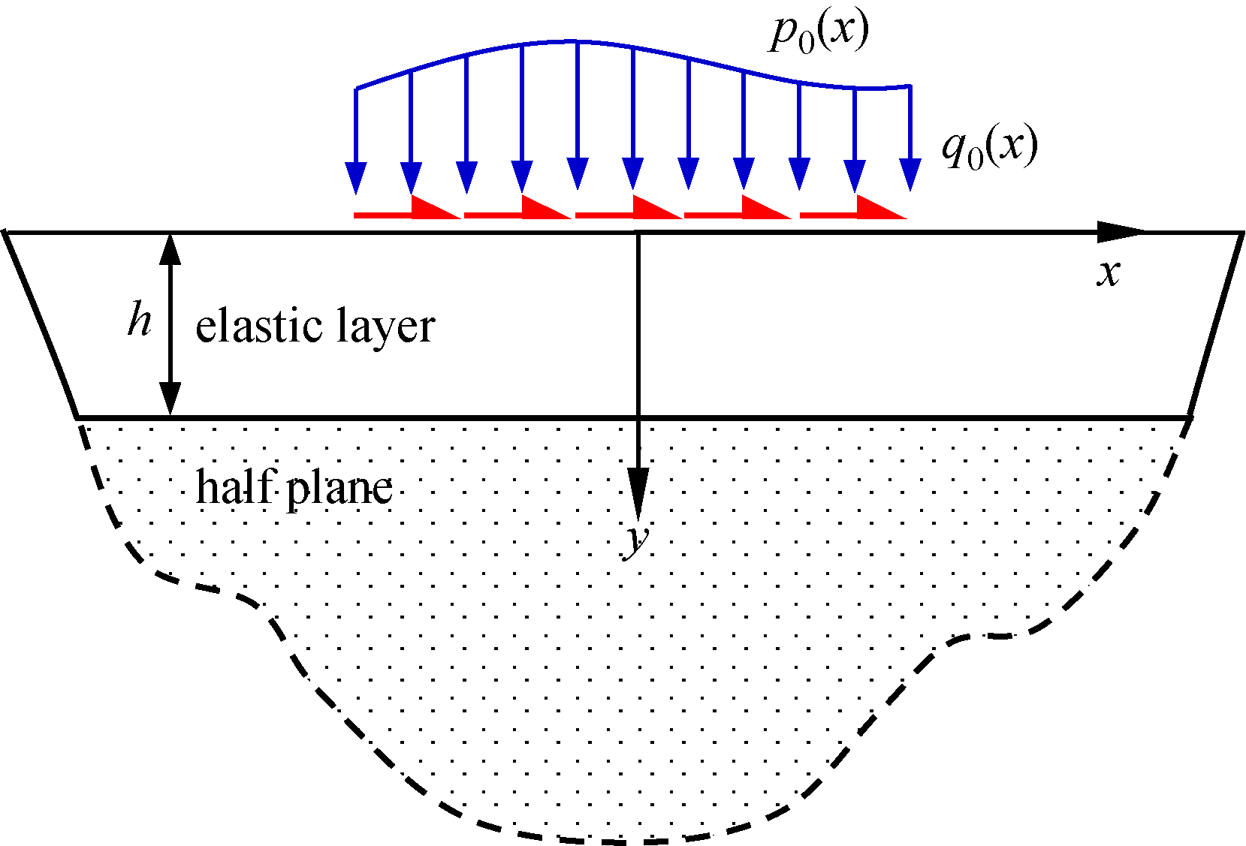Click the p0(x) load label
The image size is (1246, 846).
(818, 35)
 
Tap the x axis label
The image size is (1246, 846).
(1109, 274)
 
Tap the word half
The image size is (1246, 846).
(234, 486)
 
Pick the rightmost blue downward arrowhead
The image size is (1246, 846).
(910, 175)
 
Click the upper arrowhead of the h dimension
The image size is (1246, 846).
(170, 249)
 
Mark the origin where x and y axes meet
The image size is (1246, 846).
(638, 233)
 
